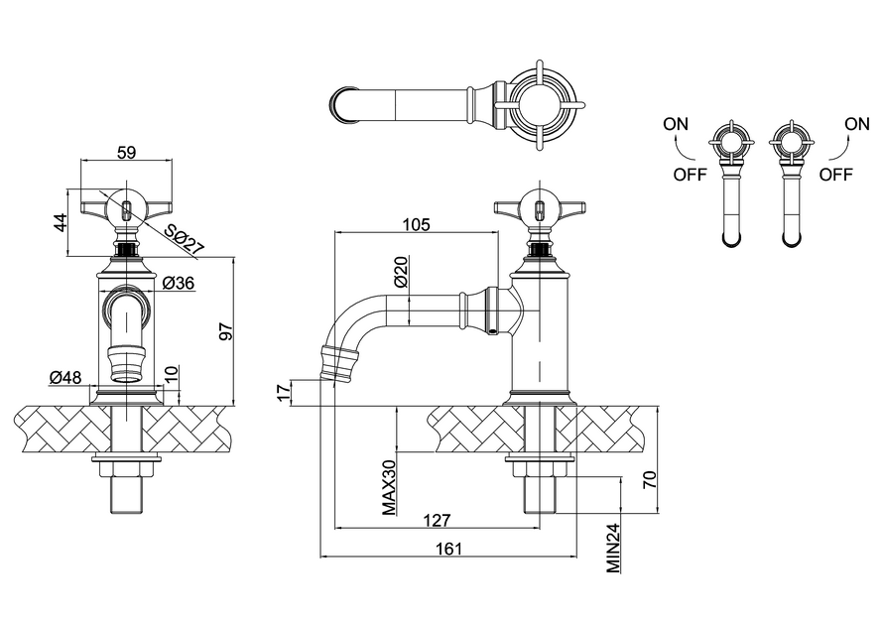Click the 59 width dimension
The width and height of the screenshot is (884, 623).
click(127, 152)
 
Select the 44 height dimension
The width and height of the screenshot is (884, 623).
click(61, 222)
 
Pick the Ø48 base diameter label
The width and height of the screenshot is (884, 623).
click(64, 377)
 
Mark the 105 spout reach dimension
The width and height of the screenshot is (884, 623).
click(417, 225)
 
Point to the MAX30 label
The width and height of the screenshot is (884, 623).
click(389, 487)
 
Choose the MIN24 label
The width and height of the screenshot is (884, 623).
click(613, 548)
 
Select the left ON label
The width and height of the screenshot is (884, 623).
click(676, 124)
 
